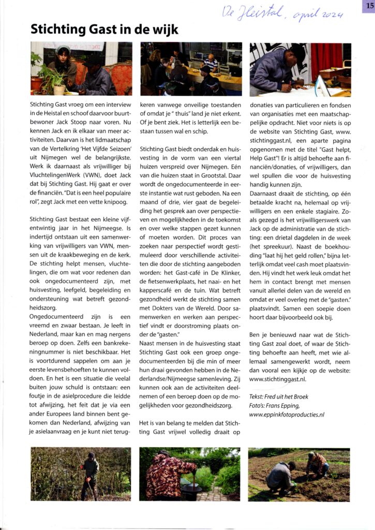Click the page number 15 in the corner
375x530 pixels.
pos(368,6)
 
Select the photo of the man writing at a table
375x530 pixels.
pos(300,69)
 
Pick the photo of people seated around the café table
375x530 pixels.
pos(191,69)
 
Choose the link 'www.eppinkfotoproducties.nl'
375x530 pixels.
pos(294,414)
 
